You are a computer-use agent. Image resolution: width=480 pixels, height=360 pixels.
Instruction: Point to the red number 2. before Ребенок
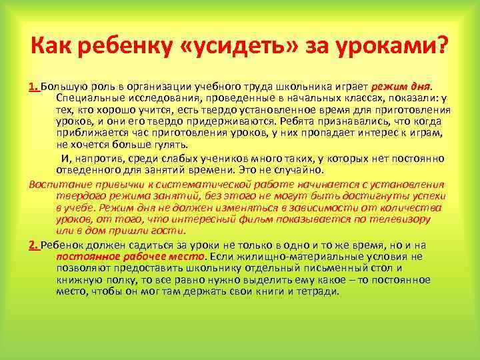[x=35, y=245]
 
